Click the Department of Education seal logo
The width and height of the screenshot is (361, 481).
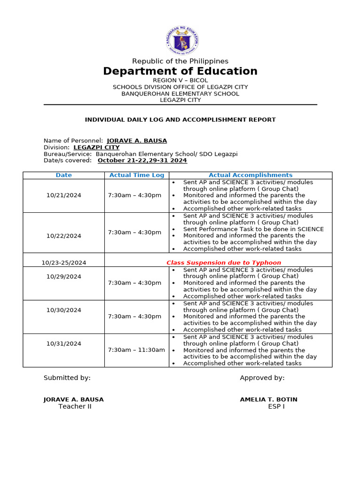tap(182, 41)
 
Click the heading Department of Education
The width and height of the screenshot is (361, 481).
tap(180, 71)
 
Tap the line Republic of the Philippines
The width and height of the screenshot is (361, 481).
tap(180, 61)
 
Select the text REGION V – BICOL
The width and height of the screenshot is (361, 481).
tap(180, 80)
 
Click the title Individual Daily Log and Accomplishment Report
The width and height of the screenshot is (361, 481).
tap(180, 120)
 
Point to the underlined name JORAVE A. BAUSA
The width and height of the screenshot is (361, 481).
tap(137, 140)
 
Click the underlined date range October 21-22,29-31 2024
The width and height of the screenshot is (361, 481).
tap(142, 160)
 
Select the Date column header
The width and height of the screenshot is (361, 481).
tap(64, 175)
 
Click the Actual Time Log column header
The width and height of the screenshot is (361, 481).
tap(137, 175)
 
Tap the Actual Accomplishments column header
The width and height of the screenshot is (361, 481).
tap(251, 175)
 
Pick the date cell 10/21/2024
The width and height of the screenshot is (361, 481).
tap(64, 195)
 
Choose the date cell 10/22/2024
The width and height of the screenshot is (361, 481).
tap(64, 236)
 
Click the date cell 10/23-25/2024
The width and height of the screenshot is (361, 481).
tap(64, 263)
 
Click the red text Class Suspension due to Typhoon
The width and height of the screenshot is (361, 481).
tap(224, 263)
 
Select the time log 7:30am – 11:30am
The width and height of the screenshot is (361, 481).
tap(136, 350)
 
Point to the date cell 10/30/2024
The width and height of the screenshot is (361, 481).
tap(64, 310)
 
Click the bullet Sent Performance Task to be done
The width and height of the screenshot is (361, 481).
tap(253, 229)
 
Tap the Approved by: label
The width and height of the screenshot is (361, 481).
tap(262, 378)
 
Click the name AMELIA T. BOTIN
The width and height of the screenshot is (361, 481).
tap(268, 400)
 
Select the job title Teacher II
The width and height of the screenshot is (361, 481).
tap(75, 407)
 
